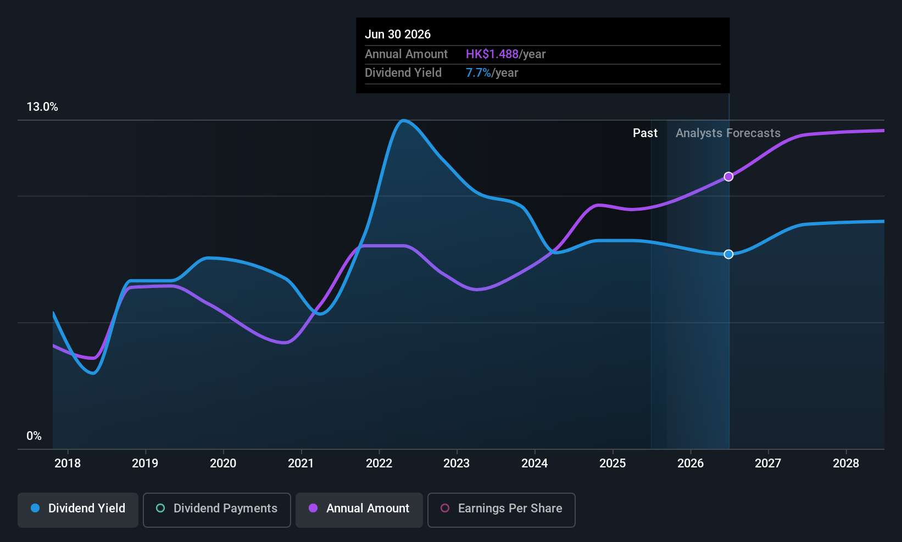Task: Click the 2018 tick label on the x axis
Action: [68, 464]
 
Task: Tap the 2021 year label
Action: [301, 464]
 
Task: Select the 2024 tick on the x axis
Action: [534, 464]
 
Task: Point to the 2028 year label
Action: [846, 464]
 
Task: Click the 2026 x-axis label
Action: [691, 464]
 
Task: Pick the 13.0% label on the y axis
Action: [42, 107]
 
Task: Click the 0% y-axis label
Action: [34, 436]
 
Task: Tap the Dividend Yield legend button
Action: [78, 509]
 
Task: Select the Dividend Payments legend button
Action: [216, 509]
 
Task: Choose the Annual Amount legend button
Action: [359, 509]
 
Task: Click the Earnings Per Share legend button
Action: [501, 509]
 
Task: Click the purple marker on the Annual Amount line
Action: [728, 177]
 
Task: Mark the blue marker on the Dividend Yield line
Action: [728, 254]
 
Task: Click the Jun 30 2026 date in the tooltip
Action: [398, 35]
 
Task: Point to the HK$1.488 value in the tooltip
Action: [492, 54]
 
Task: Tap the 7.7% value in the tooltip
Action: [478, 73]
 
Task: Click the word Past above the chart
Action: [645, 133]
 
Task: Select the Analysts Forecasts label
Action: [728, 133]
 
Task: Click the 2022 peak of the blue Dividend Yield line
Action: [404, 120]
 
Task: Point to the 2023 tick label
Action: [456, 464]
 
